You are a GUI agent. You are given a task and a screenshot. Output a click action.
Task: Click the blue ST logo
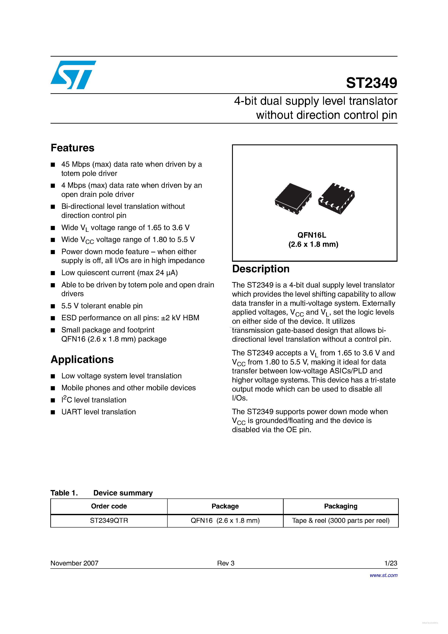click(73, 75)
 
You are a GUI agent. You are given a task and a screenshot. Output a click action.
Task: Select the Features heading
click(72, 148)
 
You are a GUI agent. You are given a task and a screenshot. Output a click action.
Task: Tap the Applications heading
click(82, 359)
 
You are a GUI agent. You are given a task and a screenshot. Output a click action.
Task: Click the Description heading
click(260, 269)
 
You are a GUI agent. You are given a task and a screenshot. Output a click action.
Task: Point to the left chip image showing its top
click(293, 198)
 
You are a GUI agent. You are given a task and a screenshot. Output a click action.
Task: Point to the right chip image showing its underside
click(336, 198)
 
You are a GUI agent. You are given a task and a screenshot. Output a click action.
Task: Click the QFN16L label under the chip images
click(312, 235)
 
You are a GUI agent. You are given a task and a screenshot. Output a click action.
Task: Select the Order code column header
click(109, 506)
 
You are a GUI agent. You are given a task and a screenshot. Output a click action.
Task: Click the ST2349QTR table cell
click(109, 521)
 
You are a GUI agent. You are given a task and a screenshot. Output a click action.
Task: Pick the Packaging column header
click(341, 506)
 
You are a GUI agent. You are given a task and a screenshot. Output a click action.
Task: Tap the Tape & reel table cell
click(341, 521)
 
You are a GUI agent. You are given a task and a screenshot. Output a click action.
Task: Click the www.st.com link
click(383, 575)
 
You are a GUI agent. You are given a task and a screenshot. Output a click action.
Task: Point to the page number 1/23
click(391, 563)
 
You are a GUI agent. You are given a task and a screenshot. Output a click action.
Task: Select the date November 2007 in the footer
click(74, 563)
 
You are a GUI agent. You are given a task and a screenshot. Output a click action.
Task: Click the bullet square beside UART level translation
click(53, 412)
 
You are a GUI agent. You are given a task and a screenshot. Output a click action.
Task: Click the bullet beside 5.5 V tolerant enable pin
click(53, 306)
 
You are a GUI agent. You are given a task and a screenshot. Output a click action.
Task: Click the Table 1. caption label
click(64, 493)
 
